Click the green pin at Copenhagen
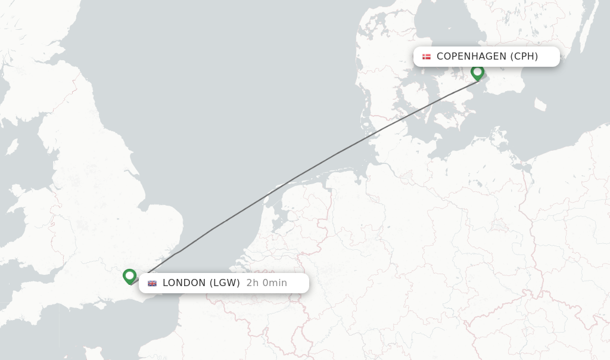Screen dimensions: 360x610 [477, 73]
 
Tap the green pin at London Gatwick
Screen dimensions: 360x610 [129, 276]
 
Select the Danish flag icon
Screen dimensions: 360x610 [427, 57]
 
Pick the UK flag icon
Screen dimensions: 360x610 [152, 283]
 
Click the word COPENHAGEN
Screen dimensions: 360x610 [471, 57]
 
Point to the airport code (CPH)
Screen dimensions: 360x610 [524, 57]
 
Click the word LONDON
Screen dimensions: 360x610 [184, 283]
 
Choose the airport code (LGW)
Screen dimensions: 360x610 [224, 283]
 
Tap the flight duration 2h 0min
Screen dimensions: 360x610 [266, 283]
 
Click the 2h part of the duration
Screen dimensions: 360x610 [253, 283]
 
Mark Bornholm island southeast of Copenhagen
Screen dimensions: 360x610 [540, 105]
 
